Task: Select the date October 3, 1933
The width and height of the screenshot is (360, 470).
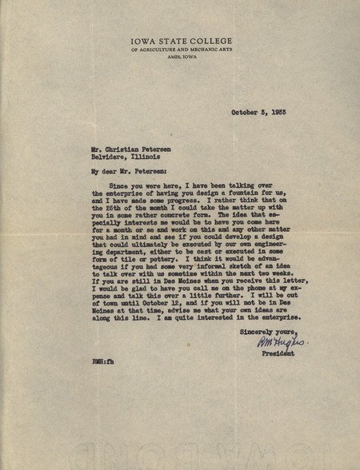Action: point(265,113)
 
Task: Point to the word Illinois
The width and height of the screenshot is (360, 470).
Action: point(150,157)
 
